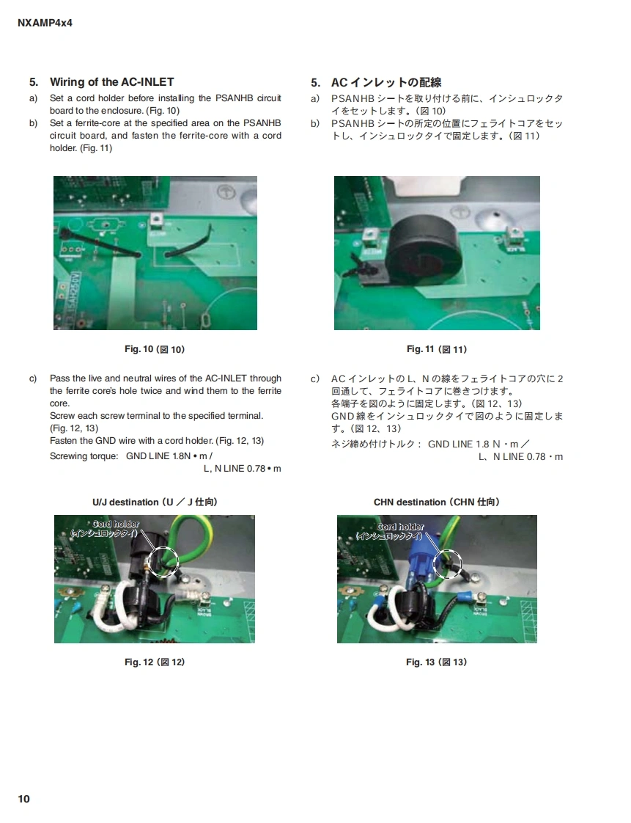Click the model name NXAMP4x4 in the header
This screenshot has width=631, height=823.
45,23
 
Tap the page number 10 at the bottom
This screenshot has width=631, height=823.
24,798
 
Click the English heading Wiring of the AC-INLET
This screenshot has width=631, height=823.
111,82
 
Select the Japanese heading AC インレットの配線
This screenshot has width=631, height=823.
386,82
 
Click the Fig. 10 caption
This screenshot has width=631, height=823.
155,349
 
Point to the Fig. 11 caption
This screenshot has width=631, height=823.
437,349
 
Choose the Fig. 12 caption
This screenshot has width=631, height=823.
155,662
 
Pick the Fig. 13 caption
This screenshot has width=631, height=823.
436,662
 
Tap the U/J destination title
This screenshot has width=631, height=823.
155,502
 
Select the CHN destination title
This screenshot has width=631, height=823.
436,502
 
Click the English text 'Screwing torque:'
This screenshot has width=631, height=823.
84,456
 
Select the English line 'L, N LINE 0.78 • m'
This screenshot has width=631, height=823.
243,468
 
